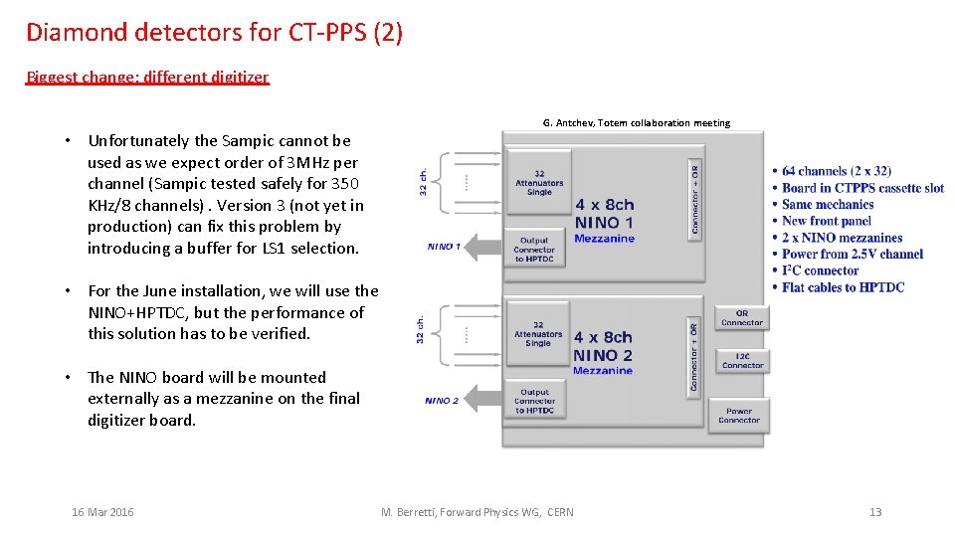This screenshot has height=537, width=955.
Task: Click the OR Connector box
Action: (x=741, y=318)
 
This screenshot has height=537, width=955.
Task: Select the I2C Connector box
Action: (x=741, y=360)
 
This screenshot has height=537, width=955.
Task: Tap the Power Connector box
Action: (x=739, y=415)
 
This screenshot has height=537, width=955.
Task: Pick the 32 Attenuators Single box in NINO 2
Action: (x=538, y=333)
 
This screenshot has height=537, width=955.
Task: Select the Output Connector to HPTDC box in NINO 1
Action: (x=534, y=250)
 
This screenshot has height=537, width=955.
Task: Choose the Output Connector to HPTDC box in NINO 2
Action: (x=535, y=402)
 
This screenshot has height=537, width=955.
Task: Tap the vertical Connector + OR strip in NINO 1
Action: (x=694, y=197)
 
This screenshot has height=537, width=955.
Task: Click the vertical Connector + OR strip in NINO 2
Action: (x=694, y=353)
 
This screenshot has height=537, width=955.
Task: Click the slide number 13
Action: (x=875, y=512)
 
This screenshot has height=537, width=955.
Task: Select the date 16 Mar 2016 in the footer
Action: (x=102, y=512)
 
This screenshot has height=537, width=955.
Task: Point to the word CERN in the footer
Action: (x=559, y=512)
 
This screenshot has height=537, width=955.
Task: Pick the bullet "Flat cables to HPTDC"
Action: (x=843, y=287)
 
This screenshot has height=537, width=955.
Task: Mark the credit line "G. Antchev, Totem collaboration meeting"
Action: (x=637, y=123)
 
